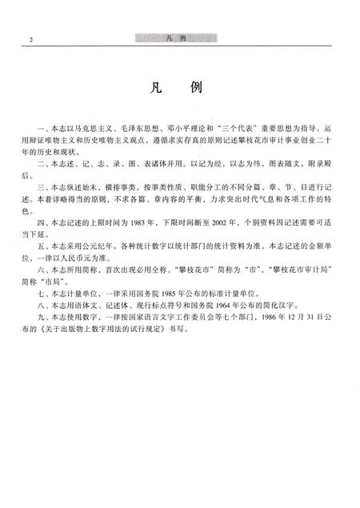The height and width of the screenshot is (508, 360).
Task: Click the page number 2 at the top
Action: [x=29, y=39]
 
